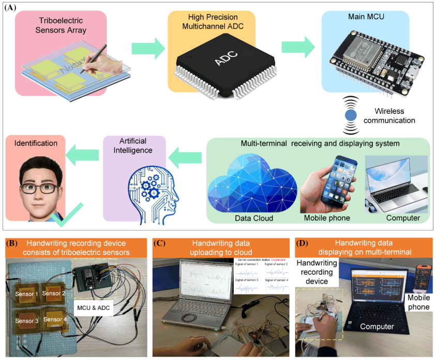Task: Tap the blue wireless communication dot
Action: [x=352, y=114]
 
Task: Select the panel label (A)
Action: [x=11, y=7]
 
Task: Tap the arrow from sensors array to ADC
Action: [x=147, y=49]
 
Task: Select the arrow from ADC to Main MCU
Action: [x=297, y=49]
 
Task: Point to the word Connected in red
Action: [x=278, y=259]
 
